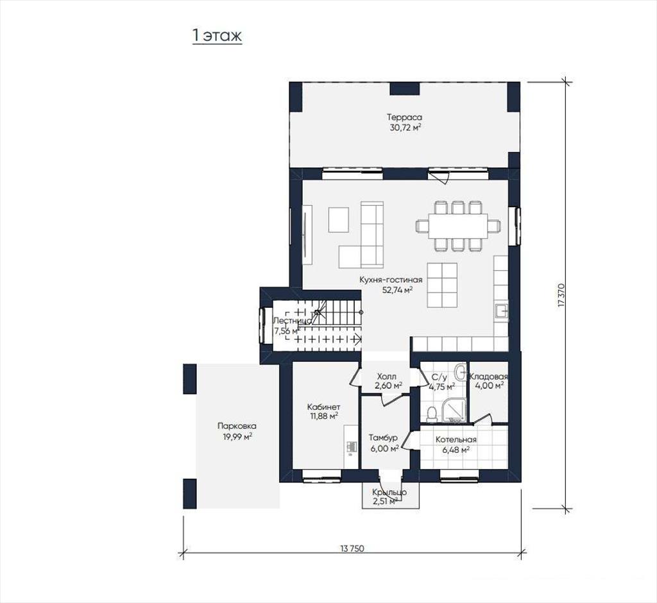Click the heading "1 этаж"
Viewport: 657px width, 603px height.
217,36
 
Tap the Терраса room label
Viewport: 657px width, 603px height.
404,117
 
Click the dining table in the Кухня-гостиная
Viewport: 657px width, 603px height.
457,226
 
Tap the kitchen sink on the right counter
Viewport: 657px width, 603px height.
502,312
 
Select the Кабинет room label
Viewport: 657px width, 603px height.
323,407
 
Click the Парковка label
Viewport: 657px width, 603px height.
237,426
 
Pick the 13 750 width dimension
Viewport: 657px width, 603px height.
352,548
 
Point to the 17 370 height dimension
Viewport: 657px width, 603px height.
561,296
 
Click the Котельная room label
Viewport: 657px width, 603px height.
456,439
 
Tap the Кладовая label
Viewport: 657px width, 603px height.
489,377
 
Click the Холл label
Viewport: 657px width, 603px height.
387,377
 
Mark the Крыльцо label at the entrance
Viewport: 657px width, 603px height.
389,493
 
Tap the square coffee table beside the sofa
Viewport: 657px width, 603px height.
339,219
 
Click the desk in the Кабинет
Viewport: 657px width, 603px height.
351,446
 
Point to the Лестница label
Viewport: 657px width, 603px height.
292,321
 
